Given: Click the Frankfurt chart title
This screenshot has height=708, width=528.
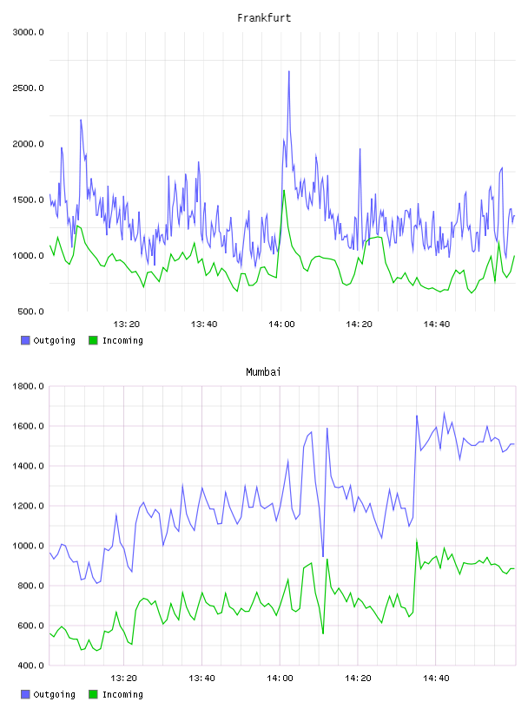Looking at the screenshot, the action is [264, 18].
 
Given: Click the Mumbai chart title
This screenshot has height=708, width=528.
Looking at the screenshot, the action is [263, 372].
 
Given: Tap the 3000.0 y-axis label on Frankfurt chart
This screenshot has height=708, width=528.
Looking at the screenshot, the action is [28, 32].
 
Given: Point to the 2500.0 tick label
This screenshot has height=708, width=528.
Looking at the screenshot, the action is [28, 88].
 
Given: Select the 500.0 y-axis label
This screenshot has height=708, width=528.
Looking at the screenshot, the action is [30, 311].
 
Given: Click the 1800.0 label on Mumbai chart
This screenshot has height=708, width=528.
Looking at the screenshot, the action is [28, 386].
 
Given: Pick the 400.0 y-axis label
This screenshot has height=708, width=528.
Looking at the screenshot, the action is [30, 665].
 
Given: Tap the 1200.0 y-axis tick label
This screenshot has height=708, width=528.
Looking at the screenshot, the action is [28, 506].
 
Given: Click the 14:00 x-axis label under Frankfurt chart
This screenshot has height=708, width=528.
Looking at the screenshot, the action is [281, 324].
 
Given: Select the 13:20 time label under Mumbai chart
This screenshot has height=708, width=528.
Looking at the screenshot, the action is [124, 678].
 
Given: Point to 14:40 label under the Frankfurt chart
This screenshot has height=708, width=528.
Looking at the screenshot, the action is [436, 324].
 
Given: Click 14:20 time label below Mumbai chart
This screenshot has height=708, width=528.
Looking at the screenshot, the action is [358, 678].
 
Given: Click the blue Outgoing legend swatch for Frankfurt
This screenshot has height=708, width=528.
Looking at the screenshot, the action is [25, 340].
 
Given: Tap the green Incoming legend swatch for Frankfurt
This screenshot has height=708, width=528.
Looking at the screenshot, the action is [93, 340].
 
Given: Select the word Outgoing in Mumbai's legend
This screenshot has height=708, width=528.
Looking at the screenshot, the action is [54, 694].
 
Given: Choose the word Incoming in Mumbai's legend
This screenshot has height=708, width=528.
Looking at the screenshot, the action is [122, 694].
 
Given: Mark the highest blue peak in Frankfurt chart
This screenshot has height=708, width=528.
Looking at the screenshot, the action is [289, 71].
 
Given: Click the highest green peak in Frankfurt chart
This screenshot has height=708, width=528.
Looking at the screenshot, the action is [284, 191].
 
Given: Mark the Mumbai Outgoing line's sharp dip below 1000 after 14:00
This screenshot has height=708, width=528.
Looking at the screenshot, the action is [323, 556].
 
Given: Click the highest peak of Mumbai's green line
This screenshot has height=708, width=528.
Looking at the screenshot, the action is [416, 540].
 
